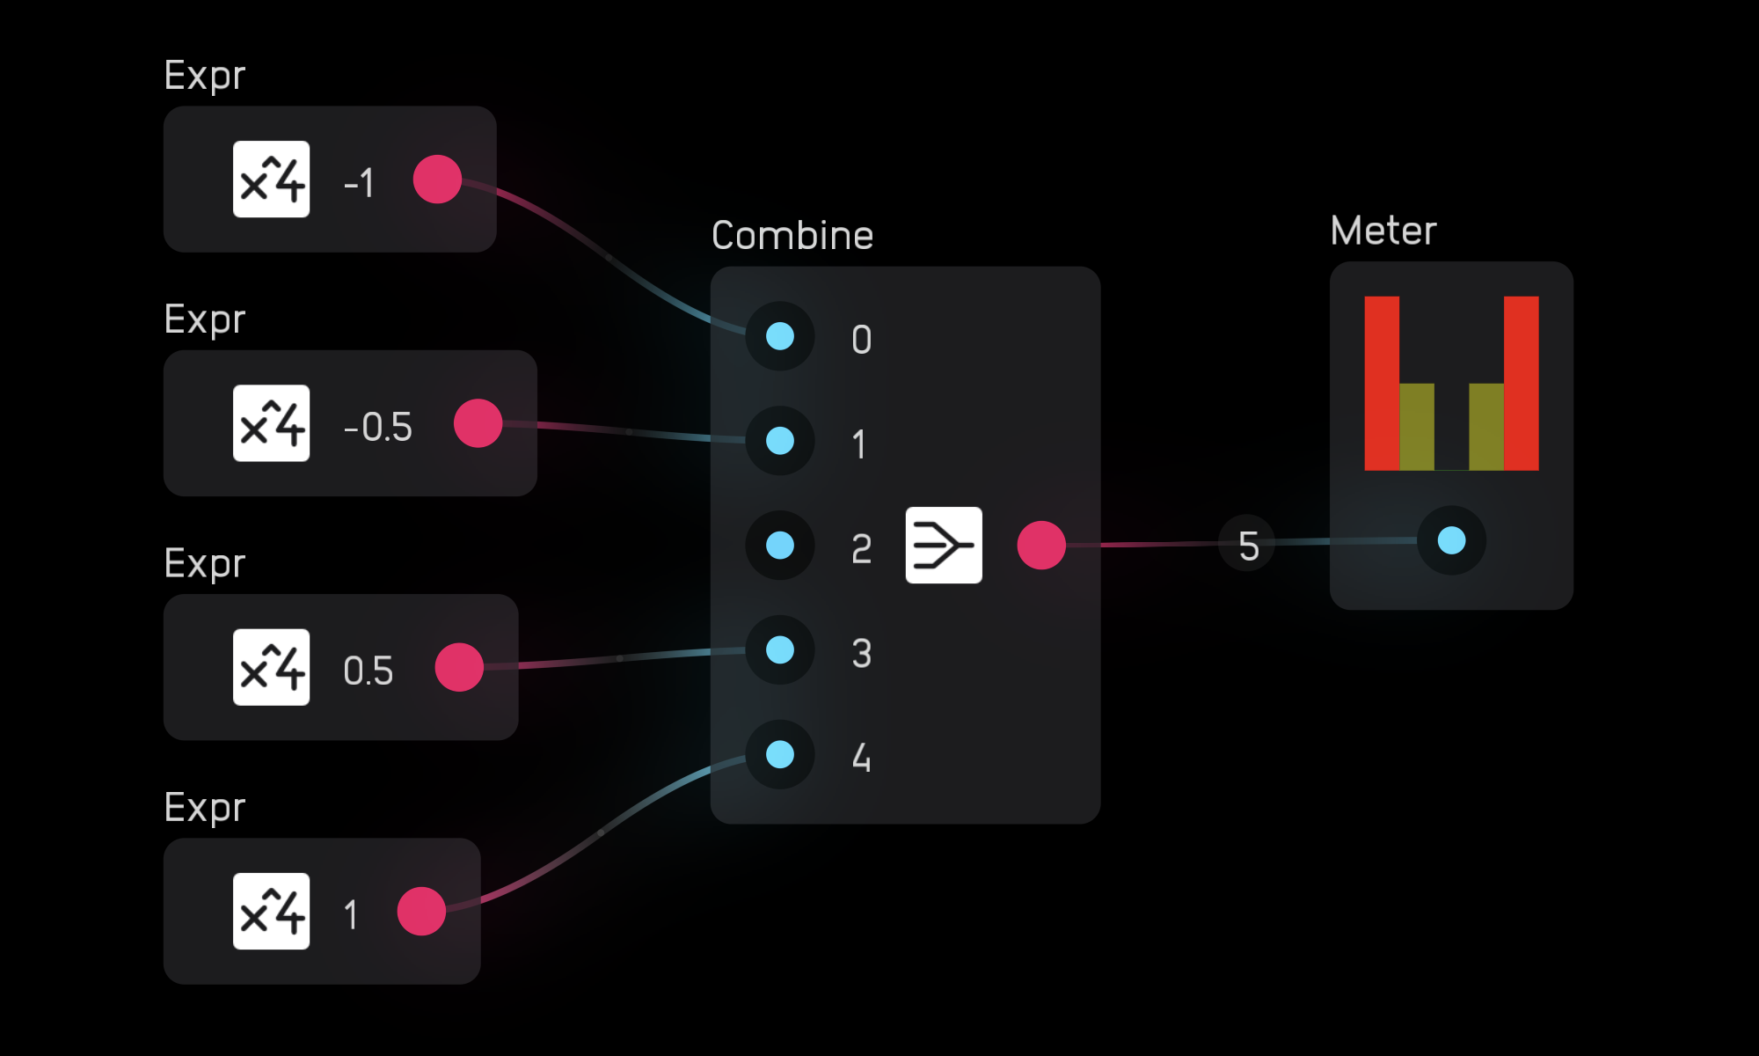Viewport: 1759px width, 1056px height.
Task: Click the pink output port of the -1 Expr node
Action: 437,180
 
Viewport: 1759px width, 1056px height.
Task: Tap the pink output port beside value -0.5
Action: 478,423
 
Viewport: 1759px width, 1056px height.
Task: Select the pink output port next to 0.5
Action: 459,667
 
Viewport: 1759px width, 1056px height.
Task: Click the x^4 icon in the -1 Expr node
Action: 271,180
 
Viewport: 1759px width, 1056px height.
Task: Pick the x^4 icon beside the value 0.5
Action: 271,667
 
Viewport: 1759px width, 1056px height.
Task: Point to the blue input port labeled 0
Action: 780,336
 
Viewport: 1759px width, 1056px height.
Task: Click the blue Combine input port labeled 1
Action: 780,441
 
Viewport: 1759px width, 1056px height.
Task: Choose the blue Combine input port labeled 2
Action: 780,546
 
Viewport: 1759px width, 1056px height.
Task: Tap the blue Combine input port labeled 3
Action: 780,650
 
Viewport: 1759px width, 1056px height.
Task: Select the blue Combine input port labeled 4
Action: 780,754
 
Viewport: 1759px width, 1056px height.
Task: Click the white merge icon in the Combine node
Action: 944,546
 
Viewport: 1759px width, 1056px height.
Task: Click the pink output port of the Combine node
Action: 1041,546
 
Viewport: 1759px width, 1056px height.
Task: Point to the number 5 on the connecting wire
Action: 1248,546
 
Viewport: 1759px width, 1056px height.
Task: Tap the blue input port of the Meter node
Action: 1451,540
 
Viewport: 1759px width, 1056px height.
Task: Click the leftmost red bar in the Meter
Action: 1382,383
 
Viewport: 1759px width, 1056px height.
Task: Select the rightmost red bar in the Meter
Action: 1522,383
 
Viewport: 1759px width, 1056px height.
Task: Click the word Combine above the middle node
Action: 792,236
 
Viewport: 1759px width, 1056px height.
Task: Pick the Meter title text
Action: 1383,231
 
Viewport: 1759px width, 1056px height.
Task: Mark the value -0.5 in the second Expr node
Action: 377,427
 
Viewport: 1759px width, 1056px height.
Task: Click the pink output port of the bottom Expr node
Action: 421,912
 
